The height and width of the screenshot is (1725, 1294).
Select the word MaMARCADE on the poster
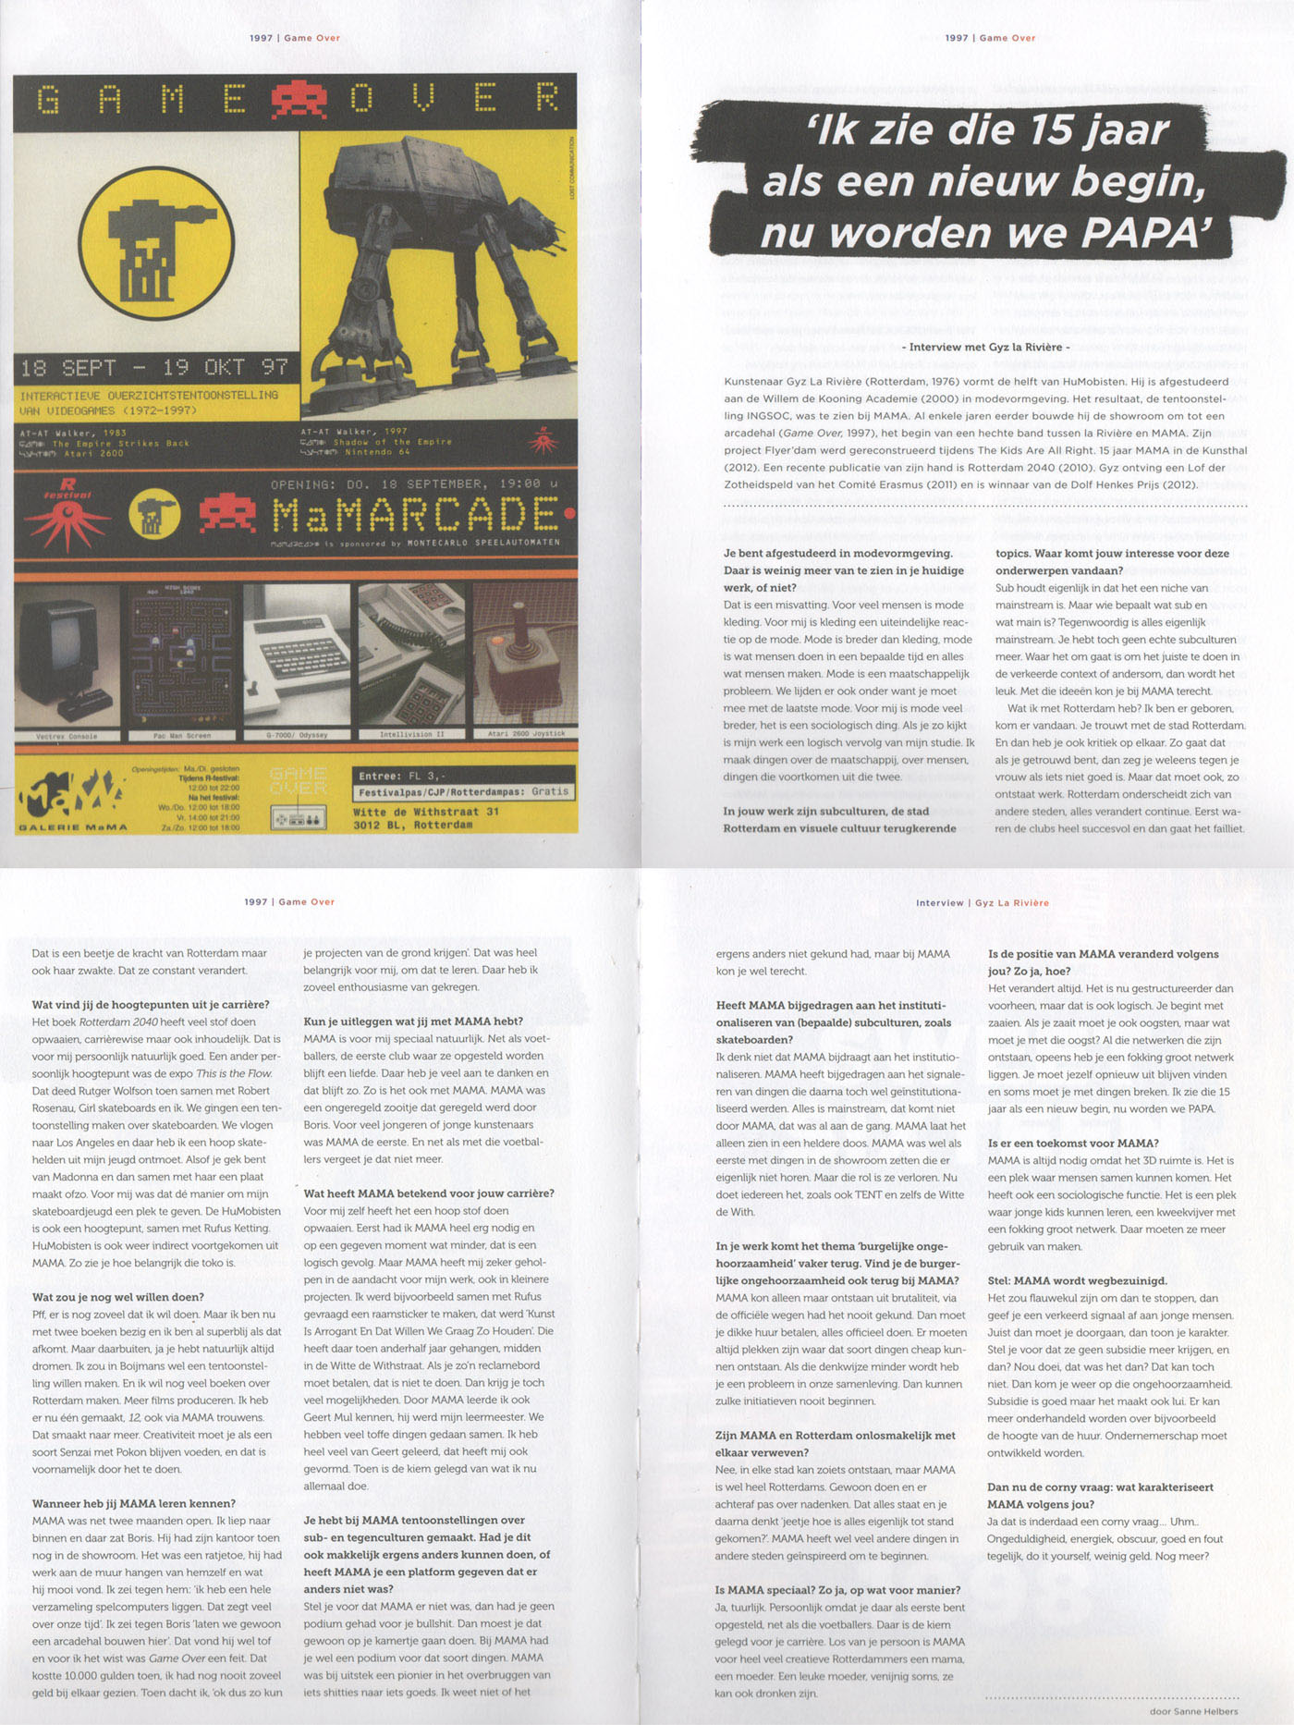[x=415, y=514]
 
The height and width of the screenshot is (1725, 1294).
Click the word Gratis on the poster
[x=550, y=792]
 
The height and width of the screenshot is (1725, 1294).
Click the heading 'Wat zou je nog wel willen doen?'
[x=118, y=1297]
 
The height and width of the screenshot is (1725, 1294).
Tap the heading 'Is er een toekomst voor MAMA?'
[x=1072, y=1144]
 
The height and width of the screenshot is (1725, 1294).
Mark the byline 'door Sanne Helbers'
[x=1193, y=1711]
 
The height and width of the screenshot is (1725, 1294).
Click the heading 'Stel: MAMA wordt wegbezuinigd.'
[x=1077, y=1280]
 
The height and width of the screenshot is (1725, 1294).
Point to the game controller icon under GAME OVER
[x=298, y=818]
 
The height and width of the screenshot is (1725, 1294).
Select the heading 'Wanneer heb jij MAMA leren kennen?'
[x=134, y=1503]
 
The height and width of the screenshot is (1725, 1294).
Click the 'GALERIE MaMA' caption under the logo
[x=73, y=827]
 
